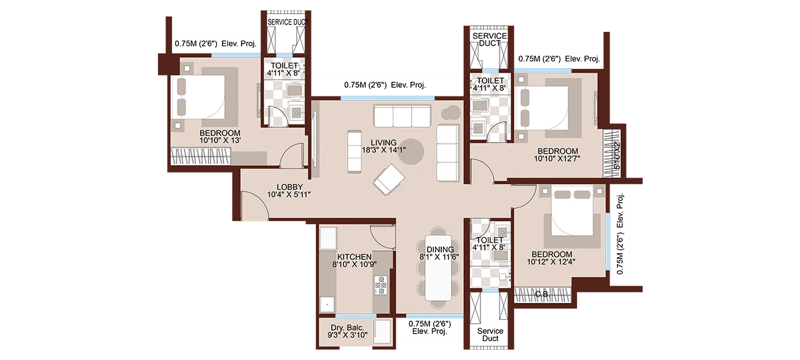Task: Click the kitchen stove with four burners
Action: pyautogui.click(x=381, y=284)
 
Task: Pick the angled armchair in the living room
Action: pyautogui.click(x=390, y=179)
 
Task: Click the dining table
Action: pyautogui.click(x=439, y=270)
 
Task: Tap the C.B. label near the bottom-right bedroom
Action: pyautogui.click(x=542, y=294)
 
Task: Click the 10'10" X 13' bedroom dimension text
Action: pyautogui.click(x=219, y=141)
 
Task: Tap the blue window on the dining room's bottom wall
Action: pyautogui.click(x=434, y=318)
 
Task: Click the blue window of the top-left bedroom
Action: pyautogui.click(x=235, y=53)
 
